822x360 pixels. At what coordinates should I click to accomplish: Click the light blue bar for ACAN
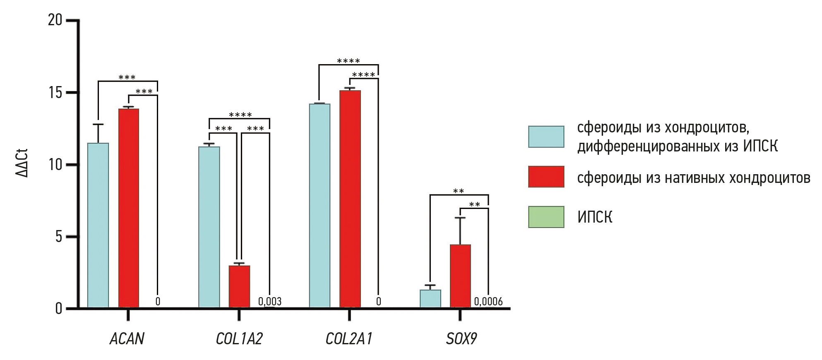coord(98,226)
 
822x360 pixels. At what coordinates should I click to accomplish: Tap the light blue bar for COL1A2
coord(209,227)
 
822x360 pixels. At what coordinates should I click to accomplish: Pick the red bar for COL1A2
coord(239,286)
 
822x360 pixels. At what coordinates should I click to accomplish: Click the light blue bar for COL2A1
coord(320,206)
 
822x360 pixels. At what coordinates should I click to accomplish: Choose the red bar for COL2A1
coord(350,199)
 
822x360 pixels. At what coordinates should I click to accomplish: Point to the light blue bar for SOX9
coord(430,298)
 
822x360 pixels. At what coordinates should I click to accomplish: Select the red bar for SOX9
coord(460,276)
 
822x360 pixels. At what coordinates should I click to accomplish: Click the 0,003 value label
coord(270,302)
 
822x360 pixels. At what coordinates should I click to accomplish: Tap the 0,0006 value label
coord(488,302)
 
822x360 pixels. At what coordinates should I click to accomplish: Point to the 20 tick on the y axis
coord(55,20)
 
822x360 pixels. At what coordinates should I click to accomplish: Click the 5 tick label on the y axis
coord(58,237)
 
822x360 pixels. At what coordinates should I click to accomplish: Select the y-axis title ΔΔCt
coord(22,163)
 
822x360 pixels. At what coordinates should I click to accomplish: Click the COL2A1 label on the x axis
coord(349,339)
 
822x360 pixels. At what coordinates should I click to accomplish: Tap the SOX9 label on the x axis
coord(461,339)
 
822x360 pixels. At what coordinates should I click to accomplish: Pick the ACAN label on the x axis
coord(127,339)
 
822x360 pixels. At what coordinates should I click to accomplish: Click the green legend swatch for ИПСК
coord(546,217)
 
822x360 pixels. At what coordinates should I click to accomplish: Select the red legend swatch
coord(546,177)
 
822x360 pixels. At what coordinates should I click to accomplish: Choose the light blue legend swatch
coord(546,137)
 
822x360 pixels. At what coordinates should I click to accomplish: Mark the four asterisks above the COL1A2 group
coord(240,115)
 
